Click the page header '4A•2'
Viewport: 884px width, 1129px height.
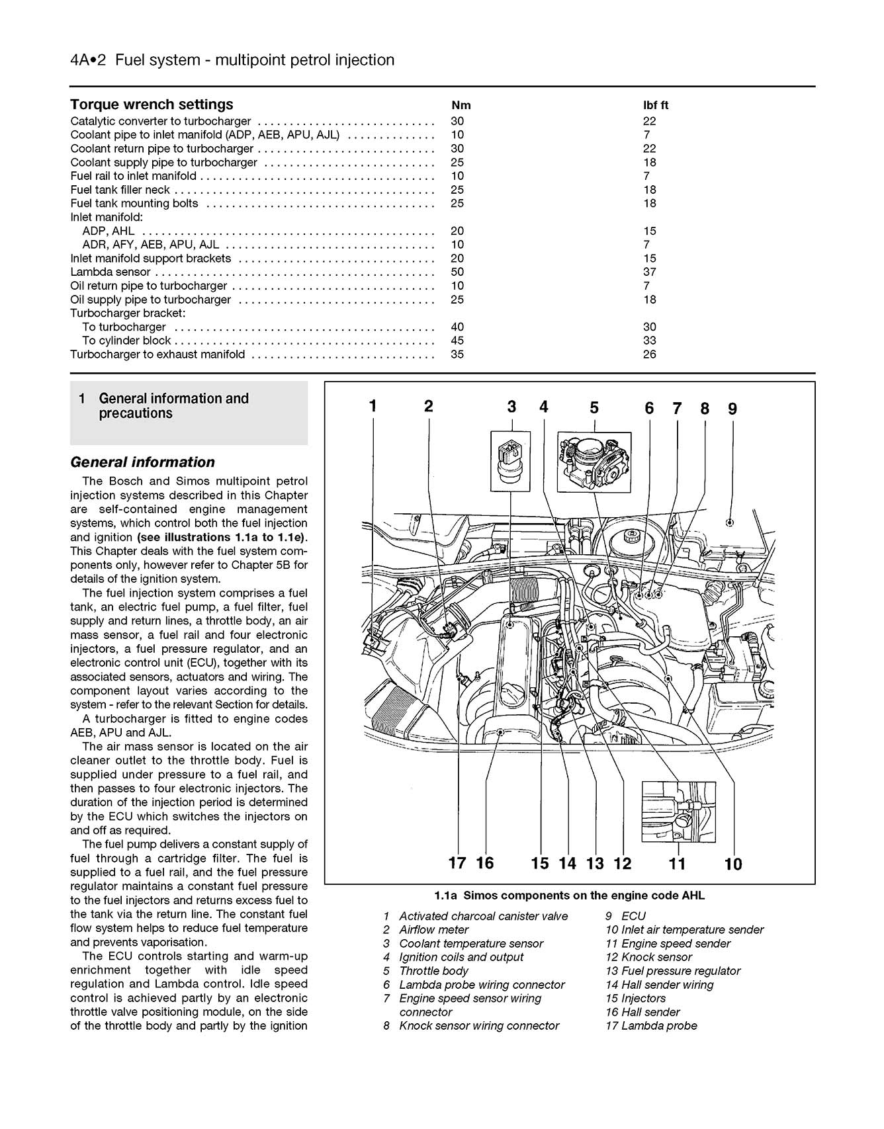89,60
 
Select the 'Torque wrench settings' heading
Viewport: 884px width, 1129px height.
152,105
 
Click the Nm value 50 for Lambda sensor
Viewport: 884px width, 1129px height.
457,272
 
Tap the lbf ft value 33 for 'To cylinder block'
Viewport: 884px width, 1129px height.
649,341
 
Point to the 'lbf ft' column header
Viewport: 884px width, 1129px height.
655,105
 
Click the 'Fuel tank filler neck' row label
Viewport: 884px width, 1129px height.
120,190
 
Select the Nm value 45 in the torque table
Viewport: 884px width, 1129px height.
457,341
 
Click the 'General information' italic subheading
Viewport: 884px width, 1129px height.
142,462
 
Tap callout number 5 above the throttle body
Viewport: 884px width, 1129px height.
594,408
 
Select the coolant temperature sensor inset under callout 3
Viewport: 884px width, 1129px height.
510,460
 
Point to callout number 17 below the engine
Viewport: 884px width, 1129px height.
457,862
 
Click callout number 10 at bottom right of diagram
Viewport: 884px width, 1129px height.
733,864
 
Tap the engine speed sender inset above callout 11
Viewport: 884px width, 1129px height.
678,811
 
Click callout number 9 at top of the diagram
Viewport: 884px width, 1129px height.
732,409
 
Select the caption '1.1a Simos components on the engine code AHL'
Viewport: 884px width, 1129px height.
569,896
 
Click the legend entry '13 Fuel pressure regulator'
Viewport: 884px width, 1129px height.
673,971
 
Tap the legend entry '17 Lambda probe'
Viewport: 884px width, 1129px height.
651,1026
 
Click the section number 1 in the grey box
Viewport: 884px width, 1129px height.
81,399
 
